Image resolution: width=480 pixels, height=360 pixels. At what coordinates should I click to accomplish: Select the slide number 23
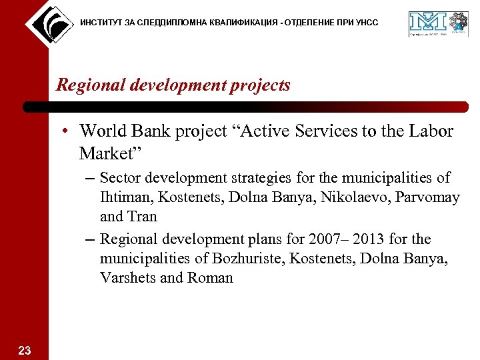click(25, 351)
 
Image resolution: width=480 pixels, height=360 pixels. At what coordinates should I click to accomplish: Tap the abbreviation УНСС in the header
click(366, 23)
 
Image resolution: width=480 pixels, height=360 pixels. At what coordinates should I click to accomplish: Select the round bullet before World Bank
click(68, 131)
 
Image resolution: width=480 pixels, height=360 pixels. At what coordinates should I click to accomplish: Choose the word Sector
click(121, 178)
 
